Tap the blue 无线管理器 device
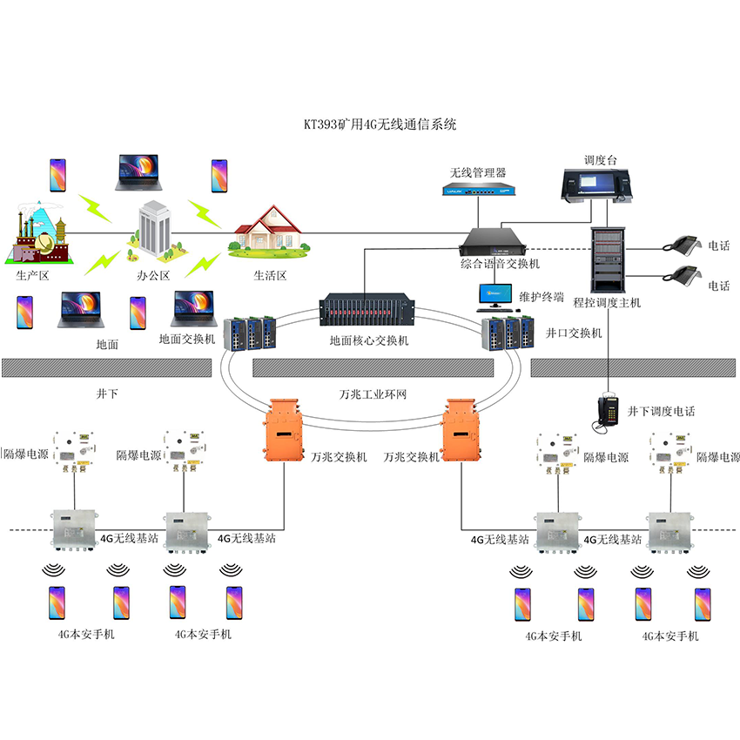477,187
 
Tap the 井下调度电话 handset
607,412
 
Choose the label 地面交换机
187,339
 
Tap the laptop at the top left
138,172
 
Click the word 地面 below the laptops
107,345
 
